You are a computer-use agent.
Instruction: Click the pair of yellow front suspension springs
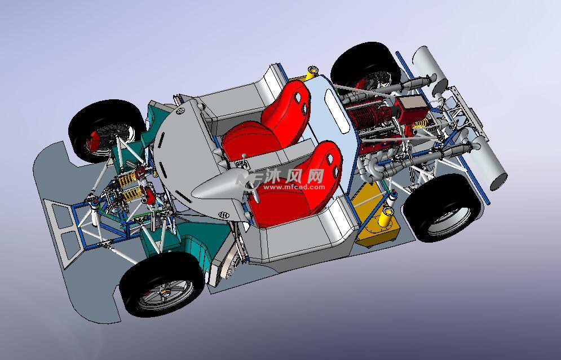click(x=129, y=186)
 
